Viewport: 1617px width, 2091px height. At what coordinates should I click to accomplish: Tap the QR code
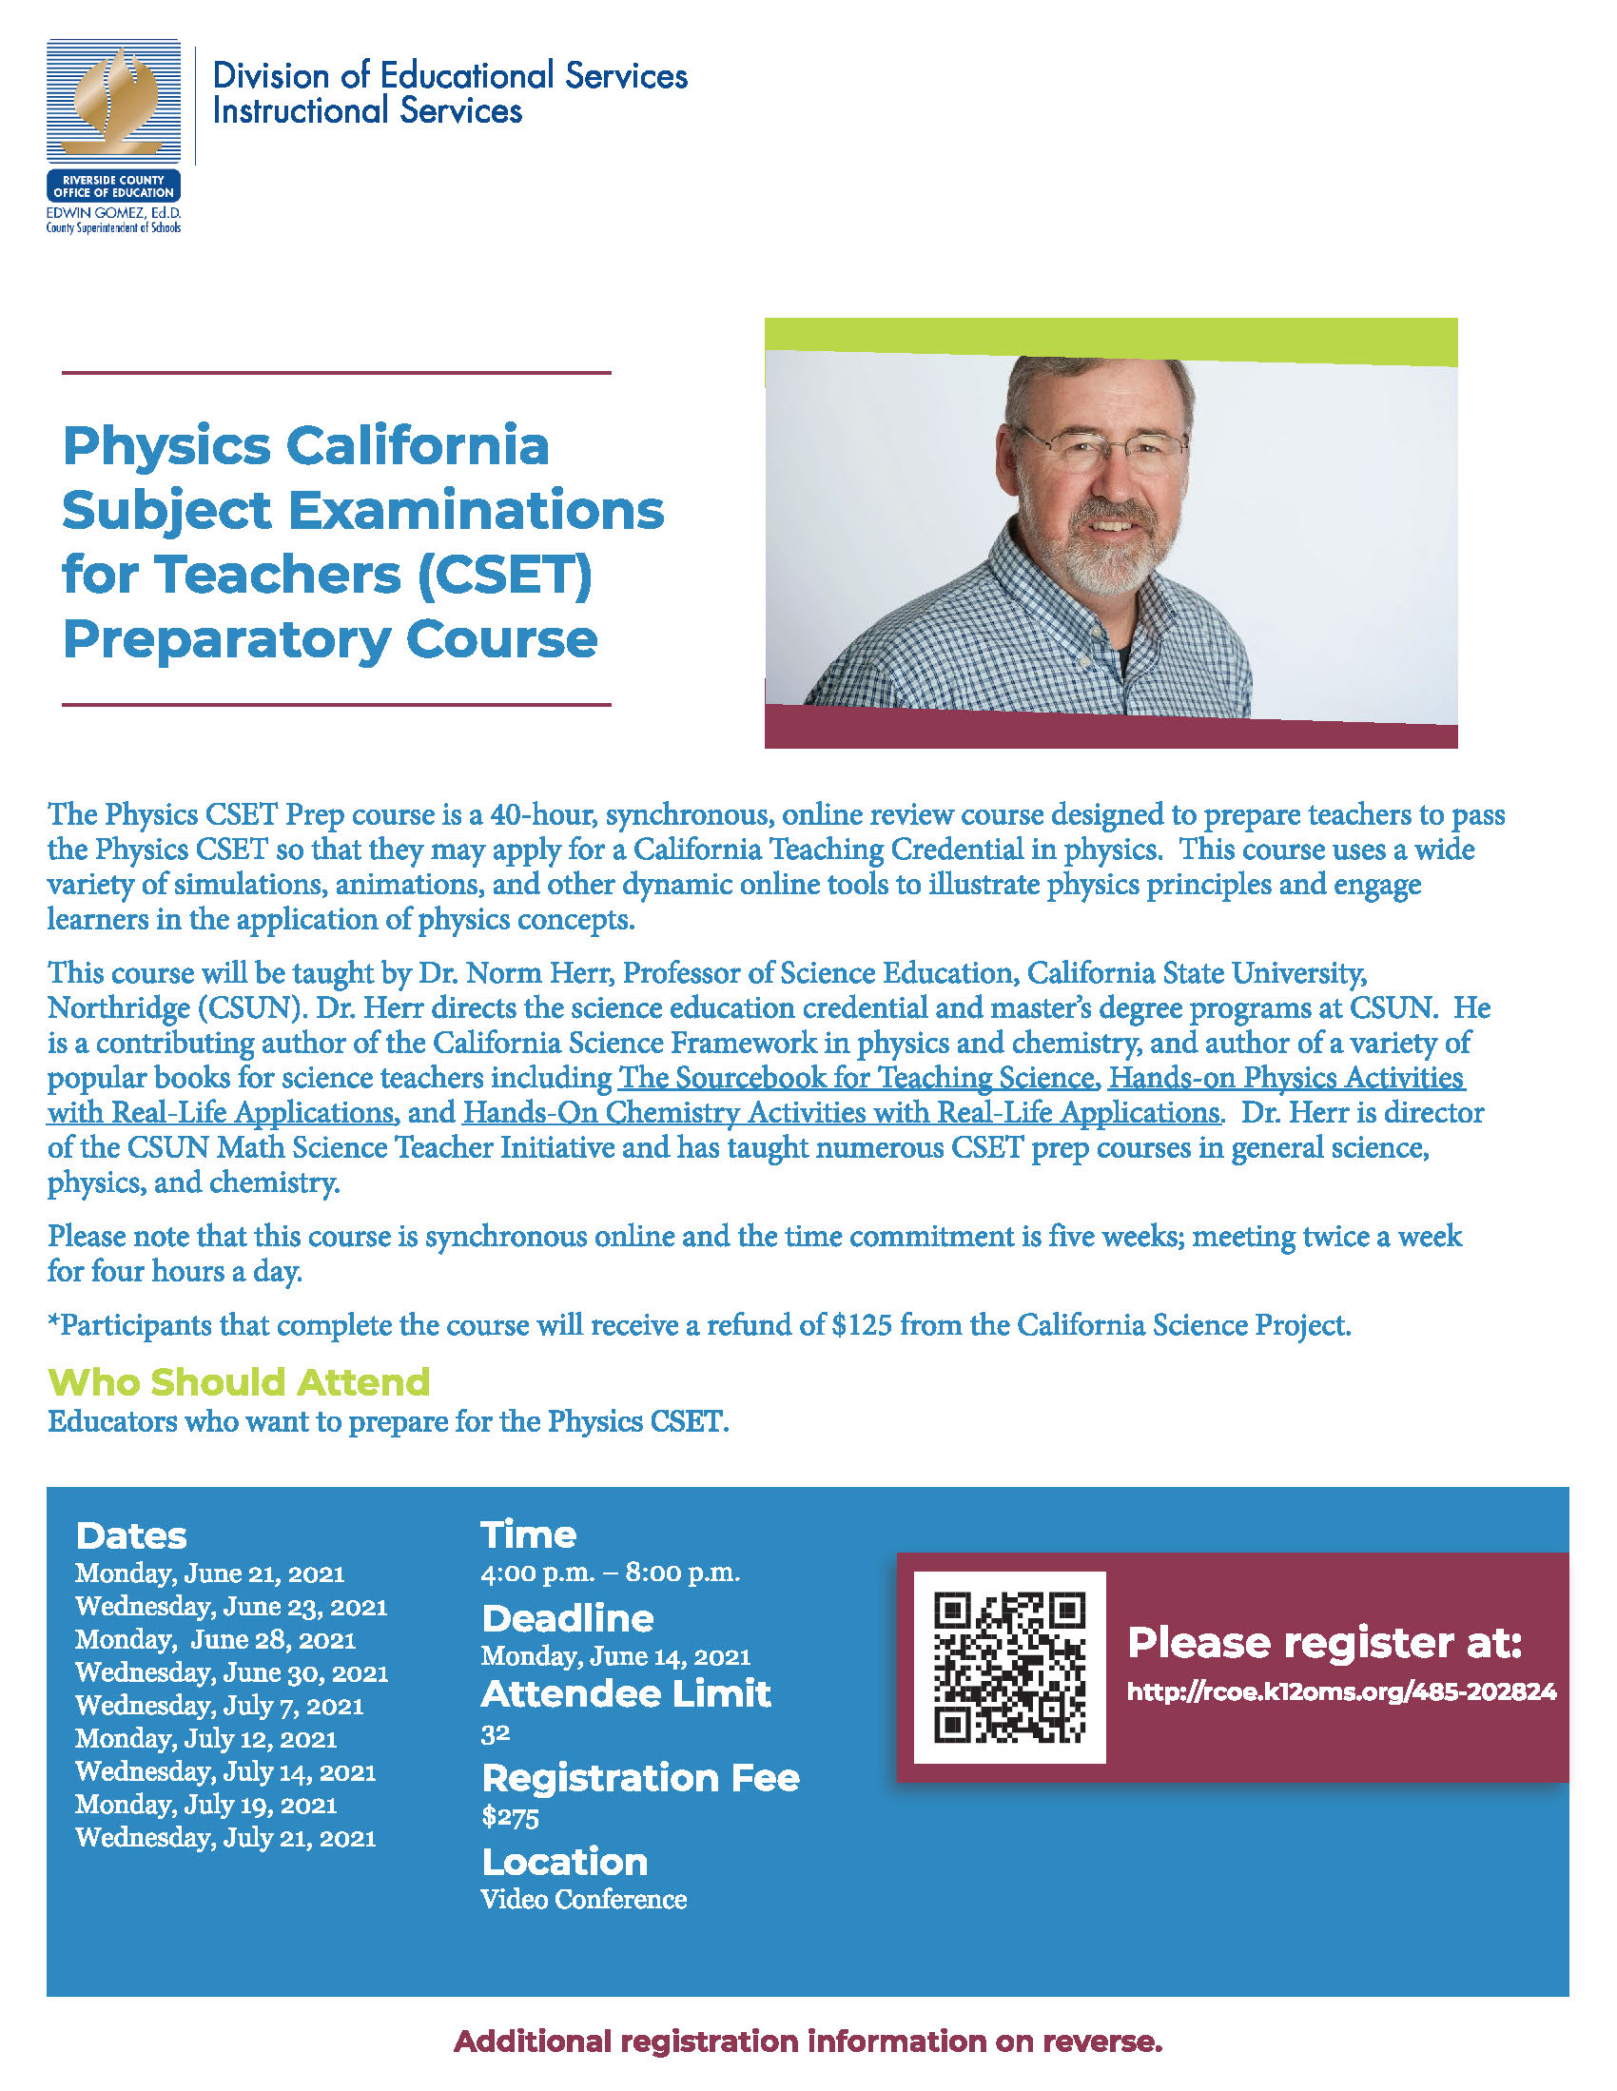coord(1009,1667)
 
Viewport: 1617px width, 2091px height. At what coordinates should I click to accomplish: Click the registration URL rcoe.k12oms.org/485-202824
coord(1340,1691)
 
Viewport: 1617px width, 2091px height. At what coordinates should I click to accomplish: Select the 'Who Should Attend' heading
coord(239,1382)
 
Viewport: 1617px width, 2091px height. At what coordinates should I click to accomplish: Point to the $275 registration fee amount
coord(510,1816)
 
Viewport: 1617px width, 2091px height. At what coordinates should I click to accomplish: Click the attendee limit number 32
coord(495,1734)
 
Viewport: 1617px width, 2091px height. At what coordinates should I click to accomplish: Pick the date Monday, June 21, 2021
coord(209,1573)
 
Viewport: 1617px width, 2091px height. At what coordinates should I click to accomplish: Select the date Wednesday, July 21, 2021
coord(225,1837)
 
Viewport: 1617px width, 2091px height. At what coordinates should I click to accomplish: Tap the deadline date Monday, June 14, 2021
coord(614,1655)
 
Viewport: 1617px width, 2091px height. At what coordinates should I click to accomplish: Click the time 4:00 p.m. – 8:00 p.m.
coord(610,1573)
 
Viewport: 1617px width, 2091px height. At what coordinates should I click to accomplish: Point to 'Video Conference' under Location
coord(583,1900)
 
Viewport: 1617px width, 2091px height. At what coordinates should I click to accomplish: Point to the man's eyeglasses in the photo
coord(1103,447)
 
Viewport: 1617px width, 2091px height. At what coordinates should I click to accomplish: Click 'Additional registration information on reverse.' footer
coord(807,2042)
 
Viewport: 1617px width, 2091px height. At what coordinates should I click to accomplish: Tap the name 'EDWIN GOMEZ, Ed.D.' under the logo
coord(114,212)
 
